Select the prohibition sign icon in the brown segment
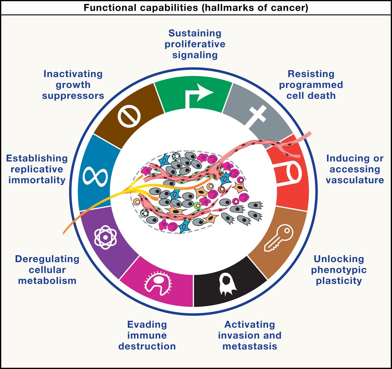[x=129, y=117]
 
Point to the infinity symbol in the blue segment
[x=95, y=176]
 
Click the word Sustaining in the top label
[x=195, y=33]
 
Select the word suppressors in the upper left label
[x=73, y=96]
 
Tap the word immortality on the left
[x=37, y=180]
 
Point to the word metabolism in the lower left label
[x=47, y=281]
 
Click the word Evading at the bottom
[x=147, y=325]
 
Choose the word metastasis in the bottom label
[x=250, y=346]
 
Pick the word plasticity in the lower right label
[x=339, y=281]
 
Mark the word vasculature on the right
[x=355, y=180]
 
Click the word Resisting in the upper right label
[x=311, y=74]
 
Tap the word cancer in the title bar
[x=289, y=8]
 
